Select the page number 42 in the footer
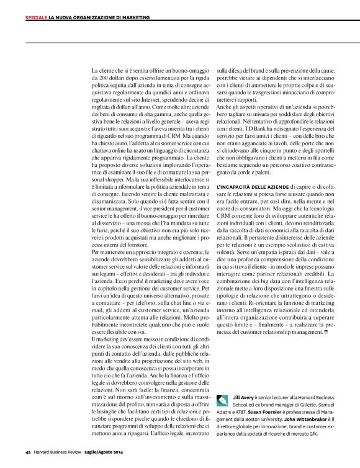coord(28,452)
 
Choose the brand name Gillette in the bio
coord(307,403)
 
